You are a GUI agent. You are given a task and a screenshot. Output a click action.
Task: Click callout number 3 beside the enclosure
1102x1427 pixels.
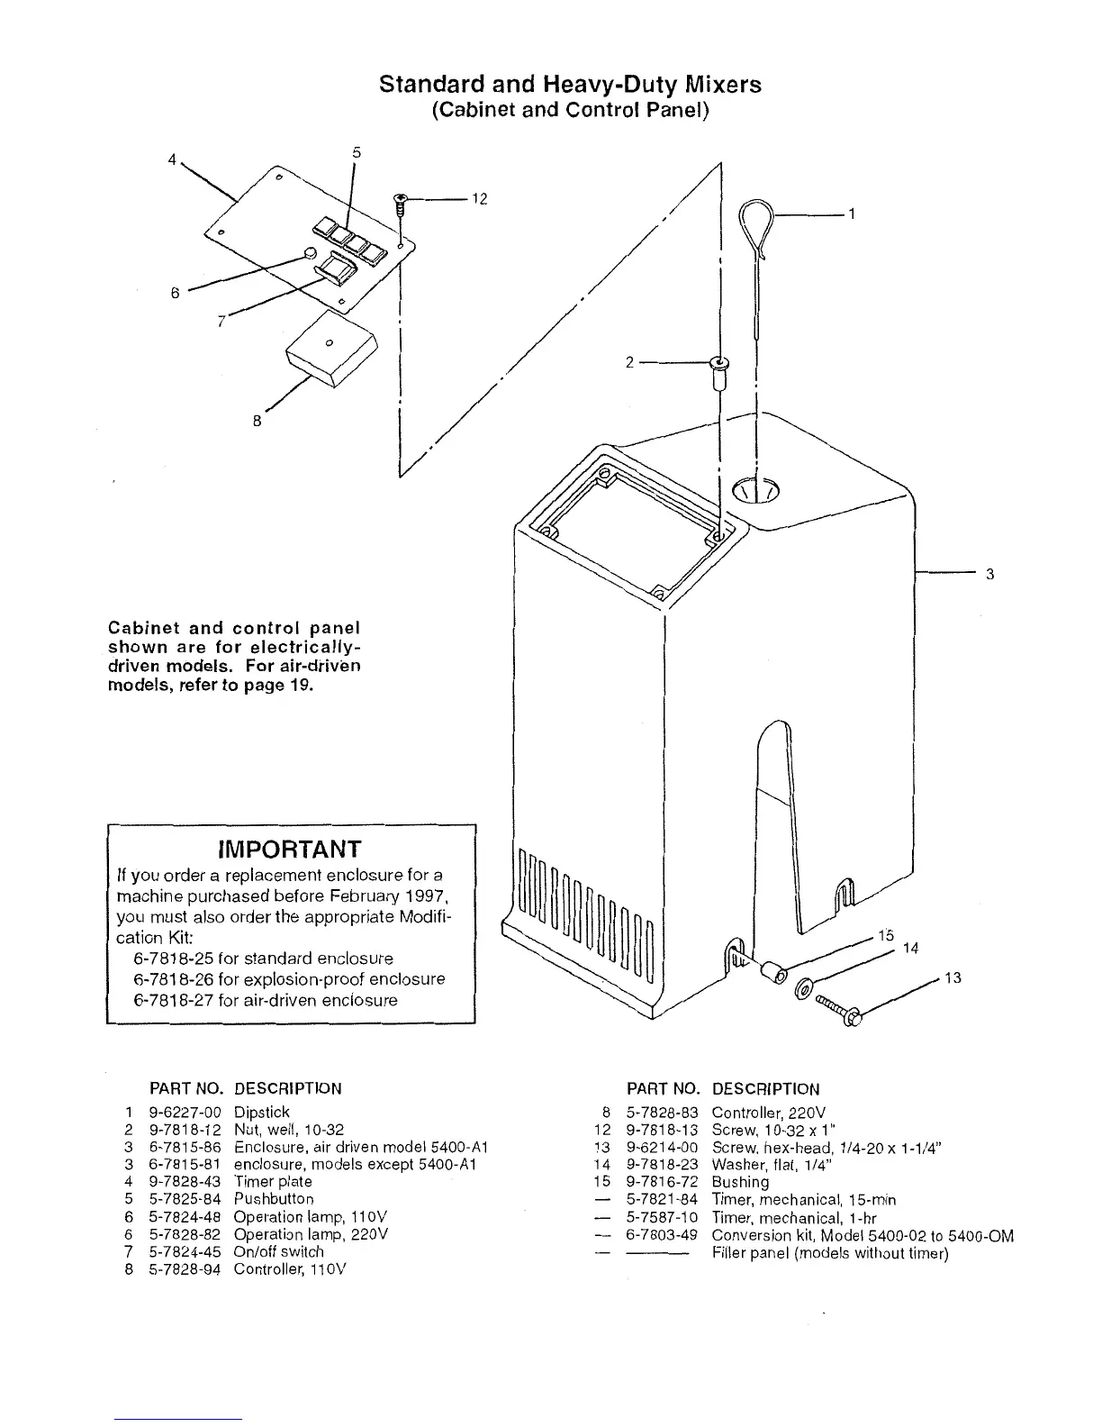click(x=989, y=574)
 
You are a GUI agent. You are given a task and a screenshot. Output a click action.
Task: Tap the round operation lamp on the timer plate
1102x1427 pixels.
click(x=310, y=253)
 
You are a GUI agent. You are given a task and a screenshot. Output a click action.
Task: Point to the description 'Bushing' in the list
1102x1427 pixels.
click(x=740, y=1182)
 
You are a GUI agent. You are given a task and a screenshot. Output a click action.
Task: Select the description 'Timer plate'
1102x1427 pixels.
click(x=273, y=1181)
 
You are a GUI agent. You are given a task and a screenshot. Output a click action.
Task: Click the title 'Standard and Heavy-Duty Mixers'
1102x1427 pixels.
click(x=570, y=85)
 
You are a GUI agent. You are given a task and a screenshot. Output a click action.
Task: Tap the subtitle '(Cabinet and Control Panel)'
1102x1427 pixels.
click(x=571, y=110)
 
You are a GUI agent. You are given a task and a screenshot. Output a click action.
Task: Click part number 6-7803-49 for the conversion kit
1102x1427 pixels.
click(x=662, y=1235)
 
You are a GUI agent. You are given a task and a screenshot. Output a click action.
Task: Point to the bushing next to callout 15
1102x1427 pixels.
click(x=772, y=974)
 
